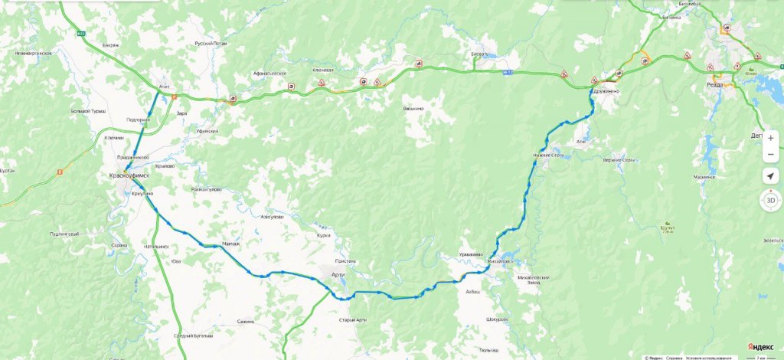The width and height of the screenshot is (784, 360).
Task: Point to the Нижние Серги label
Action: point(549,155)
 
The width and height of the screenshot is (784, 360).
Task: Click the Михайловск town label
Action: point(499,261)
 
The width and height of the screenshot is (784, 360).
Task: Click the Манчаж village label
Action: point(230,244)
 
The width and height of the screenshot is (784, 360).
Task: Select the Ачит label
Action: point(164,87)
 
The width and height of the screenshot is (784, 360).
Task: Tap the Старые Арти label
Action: point(353,319)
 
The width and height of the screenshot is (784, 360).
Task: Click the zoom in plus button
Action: point(770,138)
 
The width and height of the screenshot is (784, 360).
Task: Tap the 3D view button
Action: point(770,201)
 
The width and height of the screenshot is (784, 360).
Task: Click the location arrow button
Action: point(770,177)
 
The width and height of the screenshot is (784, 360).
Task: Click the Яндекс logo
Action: point(759,347)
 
